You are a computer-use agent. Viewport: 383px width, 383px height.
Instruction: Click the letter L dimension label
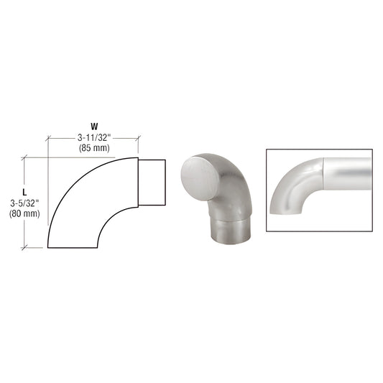pos(24,191)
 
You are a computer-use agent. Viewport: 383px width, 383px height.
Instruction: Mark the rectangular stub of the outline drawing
pos(153,183)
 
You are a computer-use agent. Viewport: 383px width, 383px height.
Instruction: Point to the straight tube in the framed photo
pos(349,172)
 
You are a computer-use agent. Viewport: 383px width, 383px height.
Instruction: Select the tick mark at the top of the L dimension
pos(26,156)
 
